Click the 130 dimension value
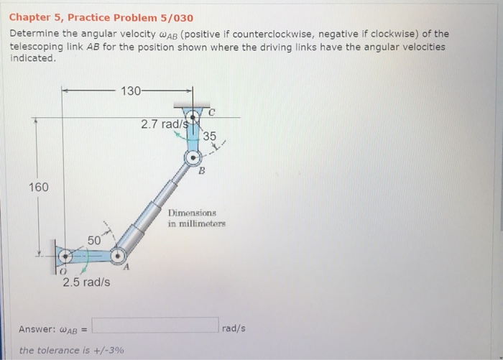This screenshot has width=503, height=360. click(x=131, y=91)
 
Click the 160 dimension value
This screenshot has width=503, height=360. click(x=38, y=188)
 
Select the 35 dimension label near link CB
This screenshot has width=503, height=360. click(x=209, y=137)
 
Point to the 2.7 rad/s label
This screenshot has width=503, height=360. click(x=164, y=124)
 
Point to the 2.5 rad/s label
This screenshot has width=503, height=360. click(x=86, y=282)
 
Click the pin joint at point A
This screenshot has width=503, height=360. click(x=117, y=255)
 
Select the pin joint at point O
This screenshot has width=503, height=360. click(x=65, y=256)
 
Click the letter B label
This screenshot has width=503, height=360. click(x=202, y=172)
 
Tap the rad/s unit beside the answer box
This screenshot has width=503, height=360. click(x=234, y=328)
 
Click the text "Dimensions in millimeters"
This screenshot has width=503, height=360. click(x=197, y=218)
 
